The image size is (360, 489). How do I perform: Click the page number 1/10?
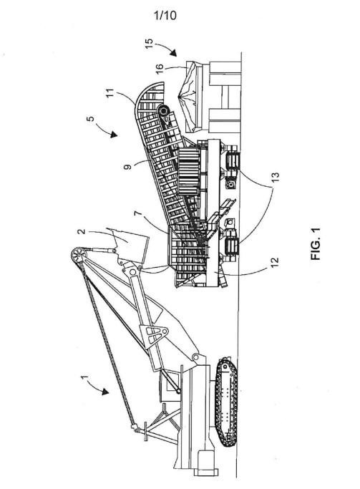[x=165, y=15]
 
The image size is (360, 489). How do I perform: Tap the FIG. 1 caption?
[x=315, y=244]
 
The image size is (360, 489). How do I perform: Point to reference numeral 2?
[x=82, y=231]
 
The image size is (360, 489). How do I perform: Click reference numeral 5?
[x=91, y=119]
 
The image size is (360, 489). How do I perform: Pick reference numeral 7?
[x=138, y=214]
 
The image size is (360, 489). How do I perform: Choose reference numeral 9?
[x=127, y=166]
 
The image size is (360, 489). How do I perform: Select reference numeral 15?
[x=150, y=44]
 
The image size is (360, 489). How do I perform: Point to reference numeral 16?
[x=159, y=68]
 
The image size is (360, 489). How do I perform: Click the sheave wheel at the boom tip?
[x=77, y=254]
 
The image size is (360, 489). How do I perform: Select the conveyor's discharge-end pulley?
[x=165, y=112]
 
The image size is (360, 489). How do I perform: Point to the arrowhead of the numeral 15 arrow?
[x=174, y=53]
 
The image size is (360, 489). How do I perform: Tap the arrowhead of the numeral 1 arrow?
[x=105, y=392]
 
